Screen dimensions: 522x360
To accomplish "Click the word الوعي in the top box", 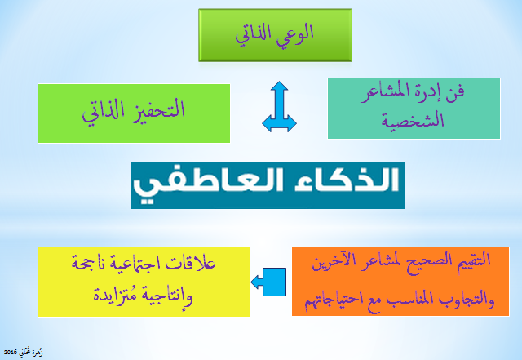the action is pyautogui.click(x=295, y=34).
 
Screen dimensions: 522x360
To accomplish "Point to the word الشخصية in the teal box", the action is pyautogui.click(x=413, y=119).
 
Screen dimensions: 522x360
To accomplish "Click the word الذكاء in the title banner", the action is pyautogui.click(x=347, y=180).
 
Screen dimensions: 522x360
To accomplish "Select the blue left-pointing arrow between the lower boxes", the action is pyautogui.click(x=268, y=282).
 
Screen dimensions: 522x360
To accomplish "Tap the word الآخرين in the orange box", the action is pyautogui.click(x=329, y=262).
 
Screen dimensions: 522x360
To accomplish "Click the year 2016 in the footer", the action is pyautogui.click(x=10, y=353).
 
